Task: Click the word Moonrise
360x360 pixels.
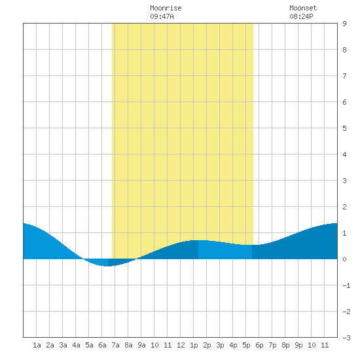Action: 166,8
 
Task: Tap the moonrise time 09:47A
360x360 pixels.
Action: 162,16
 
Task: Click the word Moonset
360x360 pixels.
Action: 303,8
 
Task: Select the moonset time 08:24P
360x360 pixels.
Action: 301,16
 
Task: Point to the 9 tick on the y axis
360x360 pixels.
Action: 344,24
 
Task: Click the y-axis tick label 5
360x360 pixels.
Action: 344,128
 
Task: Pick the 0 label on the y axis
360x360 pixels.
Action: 344,259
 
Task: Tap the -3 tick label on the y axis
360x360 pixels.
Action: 346,338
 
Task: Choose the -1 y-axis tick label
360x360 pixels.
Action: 346,285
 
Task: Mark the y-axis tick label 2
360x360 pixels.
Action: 344,207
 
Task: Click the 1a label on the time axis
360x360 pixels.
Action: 37,345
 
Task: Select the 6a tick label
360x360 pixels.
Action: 102,345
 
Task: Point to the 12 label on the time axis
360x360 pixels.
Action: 181,345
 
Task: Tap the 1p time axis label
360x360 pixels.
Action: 194,345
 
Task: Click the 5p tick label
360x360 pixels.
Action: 246,345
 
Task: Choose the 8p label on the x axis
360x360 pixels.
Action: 285,345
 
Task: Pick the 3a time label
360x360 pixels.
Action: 63,345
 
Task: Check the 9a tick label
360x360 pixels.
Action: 141,345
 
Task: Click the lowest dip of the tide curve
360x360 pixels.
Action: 107,266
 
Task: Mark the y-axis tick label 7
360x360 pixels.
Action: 344,76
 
